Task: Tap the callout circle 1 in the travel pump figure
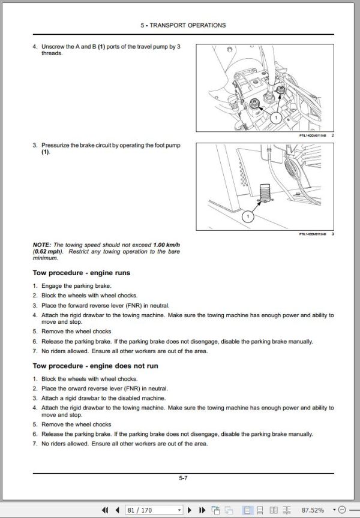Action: point(275,118)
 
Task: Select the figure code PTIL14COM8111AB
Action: point(309,135)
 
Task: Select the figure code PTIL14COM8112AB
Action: point(309,234)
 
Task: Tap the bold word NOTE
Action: point(42,245)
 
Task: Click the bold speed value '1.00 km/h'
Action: point(167,245)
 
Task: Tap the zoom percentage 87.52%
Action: point(332,510)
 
